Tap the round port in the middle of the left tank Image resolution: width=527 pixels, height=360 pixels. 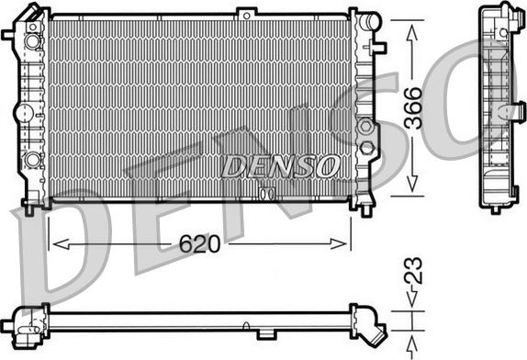[23, 112]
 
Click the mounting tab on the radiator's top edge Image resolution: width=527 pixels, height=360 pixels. [246, 12]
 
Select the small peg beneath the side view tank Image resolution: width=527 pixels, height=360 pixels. [495, 208]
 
